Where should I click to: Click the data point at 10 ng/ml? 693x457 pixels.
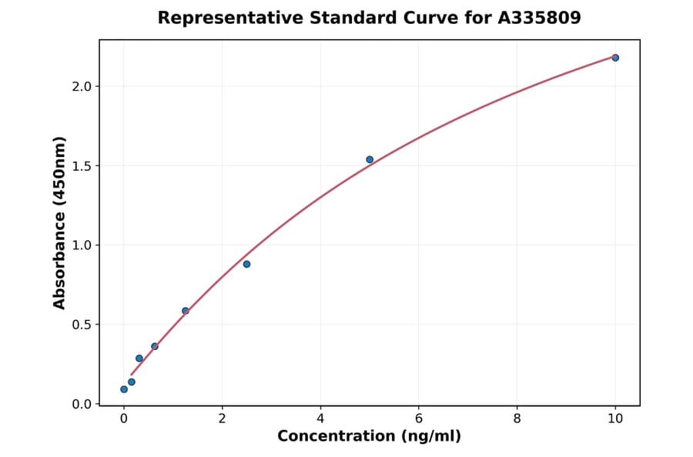point(615,58)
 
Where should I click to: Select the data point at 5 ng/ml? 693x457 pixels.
point(370,160)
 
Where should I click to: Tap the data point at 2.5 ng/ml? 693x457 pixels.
point(246,264)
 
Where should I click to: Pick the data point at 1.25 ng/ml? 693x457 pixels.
point(186,311)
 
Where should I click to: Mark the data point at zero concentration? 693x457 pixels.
point(124,389)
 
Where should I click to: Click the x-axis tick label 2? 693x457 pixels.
point(222,419)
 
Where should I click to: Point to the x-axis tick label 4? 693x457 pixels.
point(320,419)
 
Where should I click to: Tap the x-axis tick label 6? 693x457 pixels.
point(419,419)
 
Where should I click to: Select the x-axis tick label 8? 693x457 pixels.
point(517,419)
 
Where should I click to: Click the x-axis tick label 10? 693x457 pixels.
point(615,419)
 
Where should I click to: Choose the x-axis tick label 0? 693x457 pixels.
point(124,419)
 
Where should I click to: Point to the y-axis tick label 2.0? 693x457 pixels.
point(82,86)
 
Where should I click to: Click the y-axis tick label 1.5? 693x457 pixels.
point(82,166)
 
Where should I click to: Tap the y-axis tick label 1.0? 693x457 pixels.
point(82,245)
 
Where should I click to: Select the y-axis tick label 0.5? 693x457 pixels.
point(82,325)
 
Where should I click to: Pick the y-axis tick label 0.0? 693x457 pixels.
point(82,404)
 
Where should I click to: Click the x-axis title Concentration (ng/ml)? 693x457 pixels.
point(369,437)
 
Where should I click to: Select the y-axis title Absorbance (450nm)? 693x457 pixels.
point(60,222)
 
